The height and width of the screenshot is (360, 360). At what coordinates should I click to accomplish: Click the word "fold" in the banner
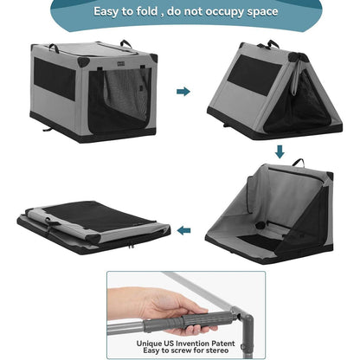(x=147, y=11)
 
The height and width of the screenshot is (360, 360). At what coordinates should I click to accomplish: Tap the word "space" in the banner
(x=262, y=12)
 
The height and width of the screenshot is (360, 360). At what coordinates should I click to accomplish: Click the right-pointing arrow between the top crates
(x=183, y=92)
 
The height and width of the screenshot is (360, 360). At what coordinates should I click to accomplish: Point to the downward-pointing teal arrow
(x=280, y=151)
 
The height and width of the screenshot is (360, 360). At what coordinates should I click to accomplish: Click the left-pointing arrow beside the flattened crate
(x=183, y=230)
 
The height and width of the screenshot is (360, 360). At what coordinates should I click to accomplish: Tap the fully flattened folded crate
(x=93, y=228)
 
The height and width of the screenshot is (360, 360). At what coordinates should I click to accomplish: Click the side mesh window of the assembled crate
(x=55, y=79)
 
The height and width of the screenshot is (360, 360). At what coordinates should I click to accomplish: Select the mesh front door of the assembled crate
(x=119, y=101)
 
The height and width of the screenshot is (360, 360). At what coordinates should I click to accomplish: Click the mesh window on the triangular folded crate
(x=255, y=75)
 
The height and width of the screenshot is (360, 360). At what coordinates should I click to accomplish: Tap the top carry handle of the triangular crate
(x=273, y=43)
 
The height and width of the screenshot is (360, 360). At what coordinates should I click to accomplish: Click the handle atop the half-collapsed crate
(x=299, y=163)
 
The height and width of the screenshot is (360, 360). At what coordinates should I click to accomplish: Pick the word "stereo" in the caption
(x=215, y=350)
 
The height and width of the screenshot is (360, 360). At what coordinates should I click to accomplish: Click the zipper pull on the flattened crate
(x=132, y=246)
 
